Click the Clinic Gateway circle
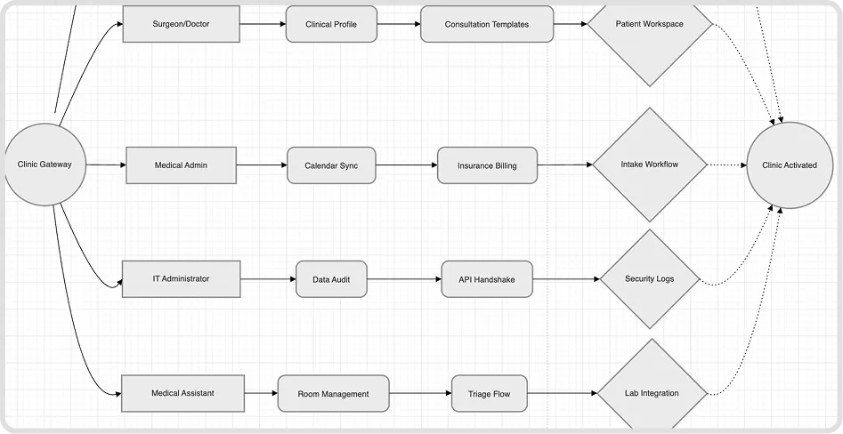pos(45,165)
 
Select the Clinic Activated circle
pos(790,165)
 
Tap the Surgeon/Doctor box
pos(182,24)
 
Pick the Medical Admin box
pos(182,165)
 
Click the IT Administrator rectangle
pos(182,278)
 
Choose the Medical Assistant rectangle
pos(182,393)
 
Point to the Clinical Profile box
pos(331,24)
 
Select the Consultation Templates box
pos(487,24)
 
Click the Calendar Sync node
pos(331,165)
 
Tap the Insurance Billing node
pos(487,165)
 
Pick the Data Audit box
pos(331,279)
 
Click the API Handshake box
pos(487,279)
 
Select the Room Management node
pos(333,394)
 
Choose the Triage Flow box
pos(490,394)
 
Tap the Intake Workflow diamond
pos(650,165)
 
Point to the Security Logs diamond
pos(650,278)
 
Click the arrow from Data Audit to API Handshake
pos(404,279)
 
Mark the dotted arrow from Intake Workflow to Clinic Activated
pos(727,165)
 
